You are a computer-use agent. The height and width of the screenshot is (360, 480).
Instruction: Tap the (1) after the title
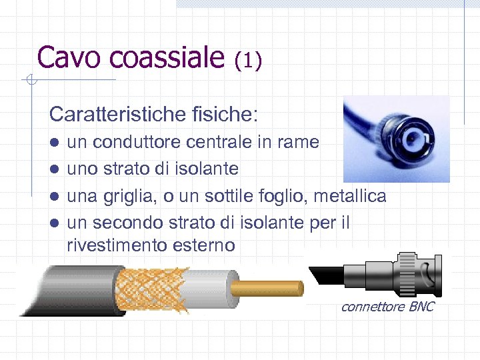248,60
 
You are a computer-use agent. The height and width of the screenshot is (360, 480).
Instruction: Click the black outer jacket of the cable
67,290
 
